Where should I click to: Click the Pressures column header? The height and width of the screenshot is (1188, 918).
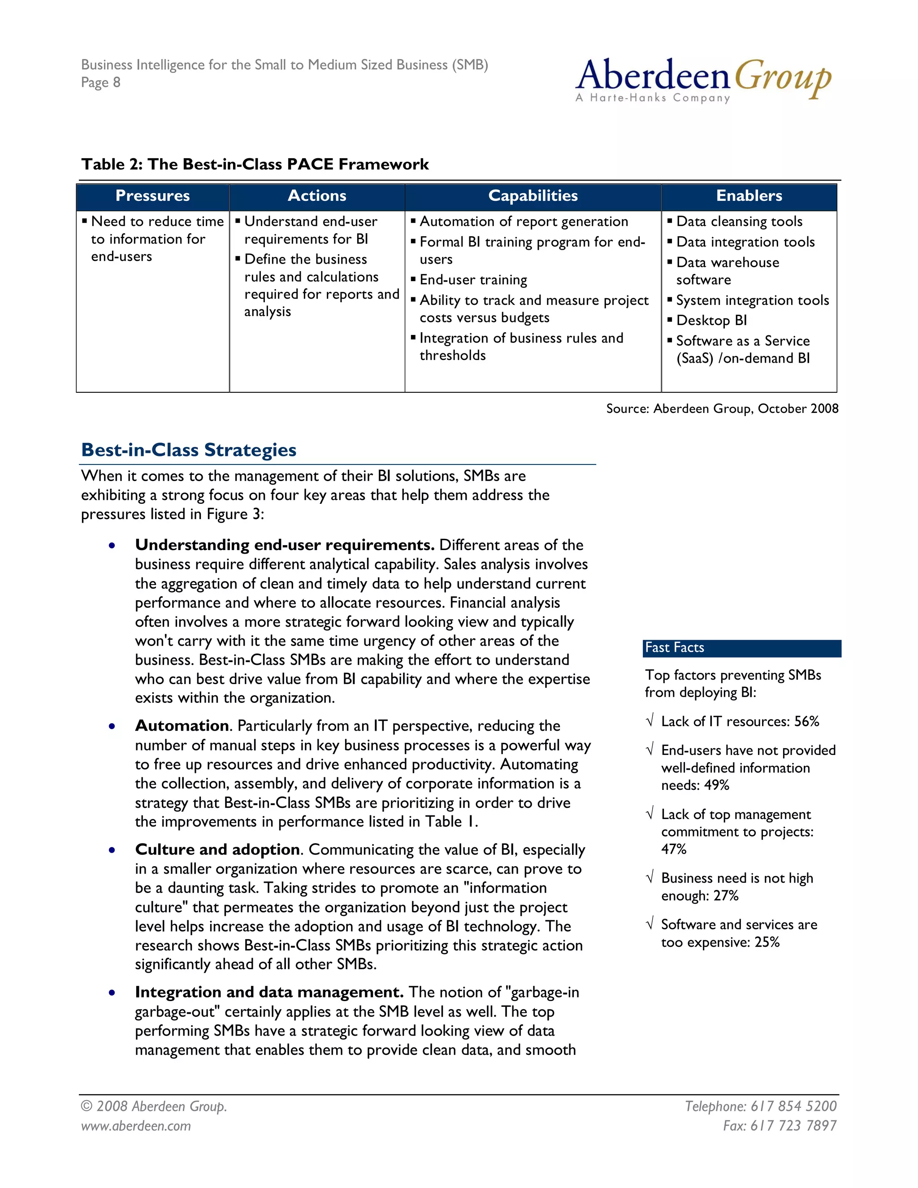(x=153, y=196)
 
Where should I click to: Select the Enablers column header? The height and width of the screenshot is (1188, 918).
(x=749, y=196)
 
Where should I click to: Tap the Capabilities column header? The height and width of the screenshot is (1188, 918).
(x=533, y=196)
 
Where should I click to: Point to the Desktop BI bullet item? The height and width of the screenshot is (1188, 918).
(x=711, y=321)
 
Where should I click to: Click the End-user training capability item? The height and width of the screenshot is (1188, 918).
(x=473, y=280)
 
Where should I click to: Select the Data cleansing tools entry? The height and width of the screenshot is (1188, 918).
(x=739, y=221)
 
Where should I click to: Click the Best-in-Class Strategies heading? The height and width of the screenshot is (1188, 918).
(x=189, y=450)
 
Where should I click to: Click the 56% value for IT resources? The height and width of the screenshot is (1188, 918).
(x=806, y=722)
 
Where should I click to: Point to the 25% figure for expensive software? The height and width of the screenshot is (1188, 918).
(x=767, y=942)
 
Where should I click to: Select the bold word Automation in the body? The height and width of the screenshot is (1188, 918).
(x=182, y=726)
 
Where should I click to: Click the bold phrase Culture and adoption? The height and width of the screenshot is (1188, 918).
(x=217, y=850)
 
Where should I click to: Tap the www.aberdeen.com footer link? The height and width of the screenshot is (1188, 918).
(x=136, y=1125)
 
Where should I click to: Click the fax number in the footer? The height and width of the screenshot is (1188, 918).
(x=779, y=1125)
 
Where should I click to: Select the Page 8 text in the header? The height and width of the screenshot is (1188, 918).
(x=100, y=82)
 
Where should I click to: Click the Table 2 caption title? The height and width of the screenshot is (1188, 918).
(x=255, y=164)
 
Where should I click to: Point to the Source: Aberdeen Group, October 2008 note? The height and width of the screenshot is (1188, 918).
(x=722, y=408)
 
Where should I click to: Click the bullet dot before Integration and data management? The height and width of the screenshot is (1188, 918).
(x=112, y=993)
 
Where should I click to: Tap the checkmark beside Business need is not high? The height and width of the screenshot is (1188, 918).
(x=650, y=877)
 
